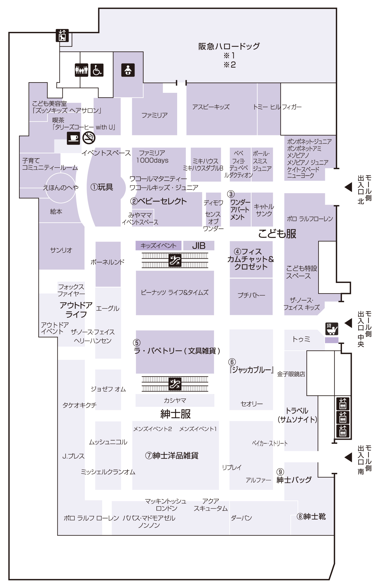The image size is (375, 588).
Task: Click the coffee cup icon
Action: point(74,138)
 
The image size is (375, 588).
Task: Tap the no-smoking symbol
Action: point(89,138)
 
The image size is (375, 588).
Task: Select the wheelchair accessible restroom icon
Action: point(97,70)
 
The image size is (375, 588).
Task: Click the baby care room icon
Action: point(128,70)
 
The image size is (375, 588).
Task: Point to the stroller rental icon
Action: point(332,329)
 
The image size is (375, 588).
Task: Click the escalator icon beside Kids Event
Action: point(175,260)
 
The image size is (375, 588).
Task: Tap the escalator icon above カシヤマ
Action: point(175,384)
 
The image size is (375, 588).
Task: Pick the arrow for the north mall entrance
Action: point(348,187)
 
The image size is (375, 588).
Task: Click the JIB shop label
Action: point(199,246)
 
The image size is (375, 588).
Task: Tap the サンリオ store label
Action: point(61,250)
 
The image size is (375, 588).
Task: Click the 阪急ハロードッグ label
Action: point(229,46)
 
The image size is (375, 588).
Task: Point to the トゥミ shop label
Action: point(301,339)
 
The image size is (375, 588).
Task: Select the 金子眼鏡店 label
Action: point(291,374)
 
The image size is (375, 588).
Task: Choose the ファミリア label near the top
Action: point(154,115)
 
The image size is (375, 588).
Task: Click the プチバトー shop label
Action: point(251,295)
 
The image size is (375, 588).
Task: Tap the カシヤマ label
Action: point(175,401)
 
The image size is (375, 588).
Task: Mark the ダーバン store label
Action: point(241,518)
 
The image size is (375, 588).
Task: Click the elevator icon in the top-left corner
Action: point(62,36)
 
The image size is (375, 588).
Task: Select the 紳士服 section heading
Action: point(175,414)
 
